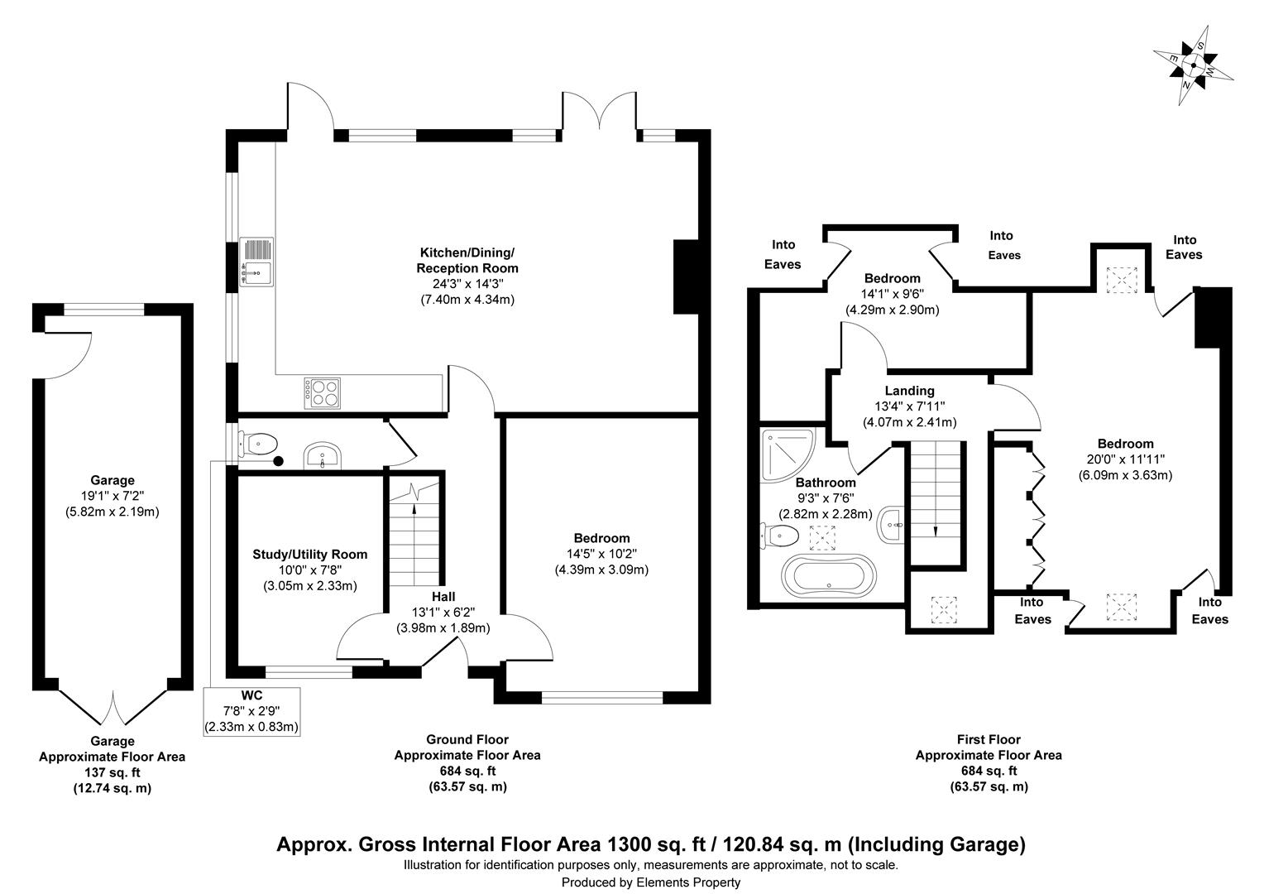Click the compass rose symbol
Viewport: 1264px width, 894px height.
click(x=1193, y=65)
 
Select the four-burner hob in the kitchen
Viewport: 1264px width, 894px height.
click(x=322, y=392)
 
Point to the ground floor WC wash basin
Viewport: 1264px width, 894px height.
click(x=322, y=455)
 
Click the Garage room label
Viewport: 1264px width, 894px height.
click(x=113, y=480)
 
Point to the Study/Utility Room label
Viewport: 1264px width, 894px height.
click(x=309, y=555)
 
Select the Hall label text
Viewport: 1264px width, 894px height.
click(x=443, y=596)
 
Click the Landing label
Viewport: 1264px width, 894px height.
click(x=909, y=391)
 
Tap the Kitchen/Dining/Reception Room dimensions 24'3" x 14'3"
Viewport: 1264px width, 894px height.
click(x=467, y=284)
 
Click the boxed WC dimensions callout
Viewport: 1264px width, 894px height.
click(x=251, y=711)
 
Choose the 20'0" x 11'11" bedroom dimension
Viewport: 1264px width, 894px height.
click(x=1125, y=459)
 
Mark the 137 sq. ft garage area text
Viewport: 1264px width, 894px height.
click(x=113, y=772)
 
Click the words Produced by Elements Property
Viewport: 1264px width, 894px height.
click(x=650, y=882)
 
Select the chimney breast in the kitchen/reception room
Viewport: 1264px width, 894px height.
click(x=686, y=277)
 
